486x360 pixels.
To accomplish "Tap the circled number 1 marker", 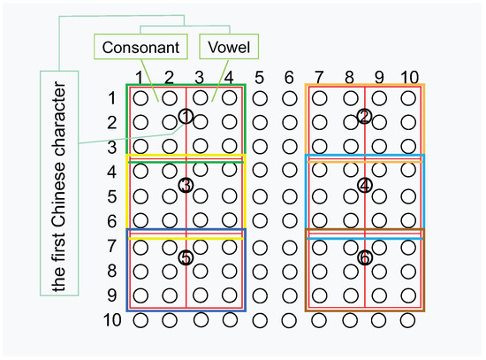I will point(185,116).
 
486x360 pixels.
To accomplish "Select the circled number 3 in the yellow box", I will point(185,185).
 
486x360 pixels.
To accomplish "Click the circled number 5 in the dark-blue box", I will point(185,257).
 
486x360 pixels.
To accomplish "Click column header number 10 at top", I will point(407,77).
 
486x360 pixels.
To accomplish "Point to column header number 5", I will point(260,77).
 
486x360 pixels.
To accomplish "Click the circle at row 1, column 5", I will point(260,97).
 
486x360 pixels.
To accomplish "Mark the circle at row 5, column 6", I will point(290,195).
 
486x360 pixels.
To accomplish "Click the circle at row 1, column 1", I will point(140,97).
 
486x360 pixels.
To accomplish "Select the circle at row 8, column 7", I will point(320,270).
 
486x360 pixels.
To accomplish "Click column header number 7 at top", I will point(320,77).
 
